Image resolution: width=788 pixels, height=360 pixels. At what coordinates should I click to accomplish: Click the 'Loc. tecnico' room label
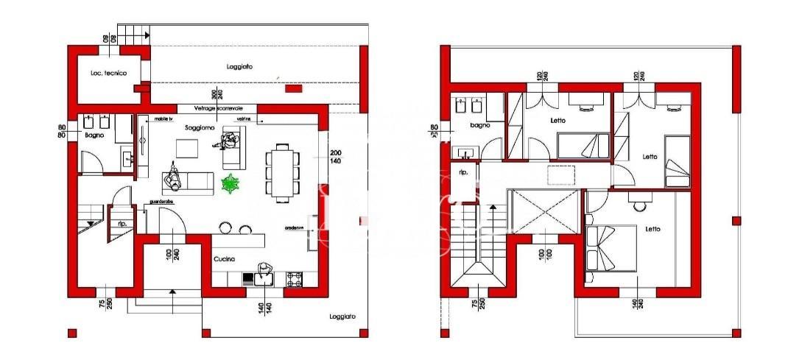pos(108,73)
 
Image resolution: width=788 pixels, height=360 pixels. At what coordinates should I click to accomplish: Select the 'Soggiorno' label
pos(200,128)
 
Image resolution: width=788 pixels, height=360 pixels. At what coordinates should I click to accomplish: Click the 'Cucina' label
pos(224,259)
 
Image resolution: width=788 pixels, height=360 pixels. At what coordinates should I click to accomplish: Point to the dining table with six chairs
pos(283,172)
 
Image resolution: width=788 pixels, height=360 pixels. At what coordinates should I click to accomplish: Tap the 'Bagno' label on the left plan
pos(94,135)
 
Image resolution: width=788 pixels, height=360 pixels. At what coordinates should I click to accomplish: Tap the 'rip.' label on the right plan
pos(464,173)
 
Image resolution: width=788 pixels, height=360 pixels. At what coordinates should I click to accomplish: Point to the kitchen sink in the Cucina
pos(263,278)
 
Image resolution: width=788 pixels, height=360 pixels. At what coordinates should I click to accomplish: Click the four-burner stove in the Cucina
pos(294,278)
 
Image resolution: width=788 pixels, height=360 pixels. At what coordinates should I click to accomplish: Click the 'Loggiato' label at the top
pos(239,66)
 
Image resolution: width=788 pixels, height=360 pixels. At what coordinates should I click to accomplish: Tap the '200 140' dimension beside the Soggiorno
pos(335,156)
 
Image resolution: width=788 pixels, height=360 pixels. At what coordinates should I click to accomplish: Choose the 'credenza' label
pos(295,227)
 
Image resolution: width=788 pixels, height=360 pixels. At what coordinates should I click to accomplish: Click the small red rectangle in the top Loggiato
pos(293,89)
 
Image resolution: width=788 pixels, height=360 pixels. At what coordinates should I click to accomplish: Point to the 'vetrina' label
pos(243,118)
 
